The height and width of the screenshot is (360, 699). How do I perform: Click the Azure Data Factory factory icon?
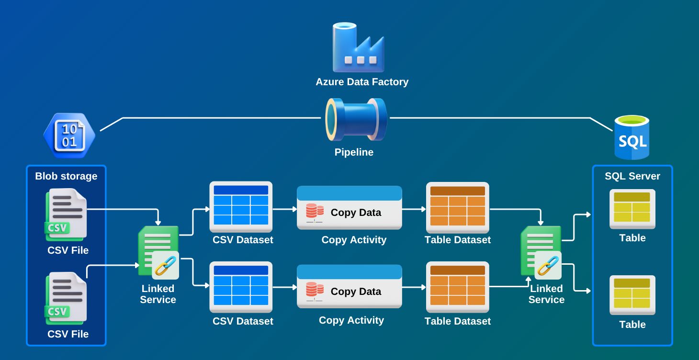coord(359,47)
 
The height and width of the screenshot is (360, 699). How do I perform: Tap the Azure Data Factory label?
coord(362,82)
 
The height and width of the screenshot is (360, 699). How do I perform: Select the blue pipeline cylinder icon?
coord(356,120)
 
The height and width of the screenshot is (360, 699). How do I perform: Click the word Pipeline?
coord(354,153)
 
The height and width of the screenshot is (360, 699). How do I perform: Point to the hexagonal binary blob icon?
coord(69,135)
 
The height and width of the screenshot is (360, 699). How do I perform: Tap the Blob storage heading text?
coord(66,176)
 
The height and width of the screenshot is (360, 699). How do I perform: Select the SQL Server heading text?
coord(632,176)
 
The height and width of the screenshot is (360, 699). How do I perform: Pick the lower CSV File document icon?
coord(66,297)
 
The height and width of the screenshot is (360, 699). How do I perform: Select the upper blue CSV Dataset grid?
coord(241,205)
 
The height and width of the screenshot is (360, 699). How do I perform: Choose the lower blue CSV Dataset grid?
coord(241,285)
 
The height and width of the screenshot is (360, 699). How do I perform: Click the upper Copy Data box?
coord(349,208)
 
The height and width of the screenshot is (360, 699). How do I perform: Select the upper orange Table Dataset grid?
coord(457,205)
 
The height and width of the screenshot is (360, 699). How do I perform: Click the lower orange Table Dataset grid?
coord(457,285)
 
